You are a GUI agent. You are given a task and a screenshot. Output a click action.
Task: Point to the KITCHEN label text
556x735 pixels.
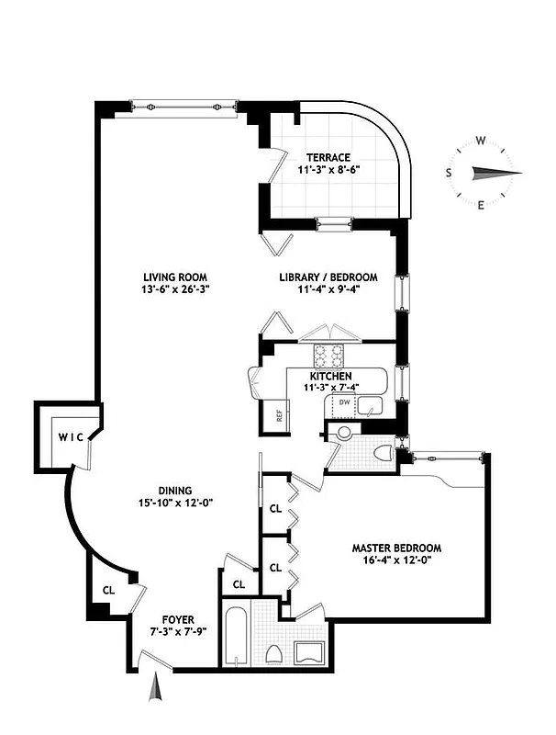pyautogui.click(x=330, y=377)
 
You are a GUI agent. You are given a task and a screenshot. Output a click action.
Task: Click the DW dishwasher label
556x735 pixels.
pyautogui.click(x=344, y=403)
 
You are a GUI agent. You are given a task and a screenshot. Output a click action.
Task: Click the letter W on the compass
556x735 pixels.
pyautogui.click(x=480, y=141)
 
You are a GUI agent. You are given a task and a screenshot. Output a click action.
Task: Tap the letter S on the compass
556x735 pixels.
pyautogui.click(x=449, y=173)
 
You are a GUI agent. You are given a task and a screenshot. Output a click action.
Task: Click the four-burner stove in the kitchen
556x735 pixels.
pyautogui.click(x=327, y=354)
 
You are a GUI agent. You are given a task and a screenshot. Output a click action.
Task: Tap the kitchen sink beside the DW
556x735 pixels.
pyautogui.click(x=371, y=405)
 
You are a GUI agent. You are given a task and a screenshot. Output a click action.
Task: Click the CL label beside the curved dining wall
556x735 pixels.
pyautogui.click(x=108, y=591)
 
